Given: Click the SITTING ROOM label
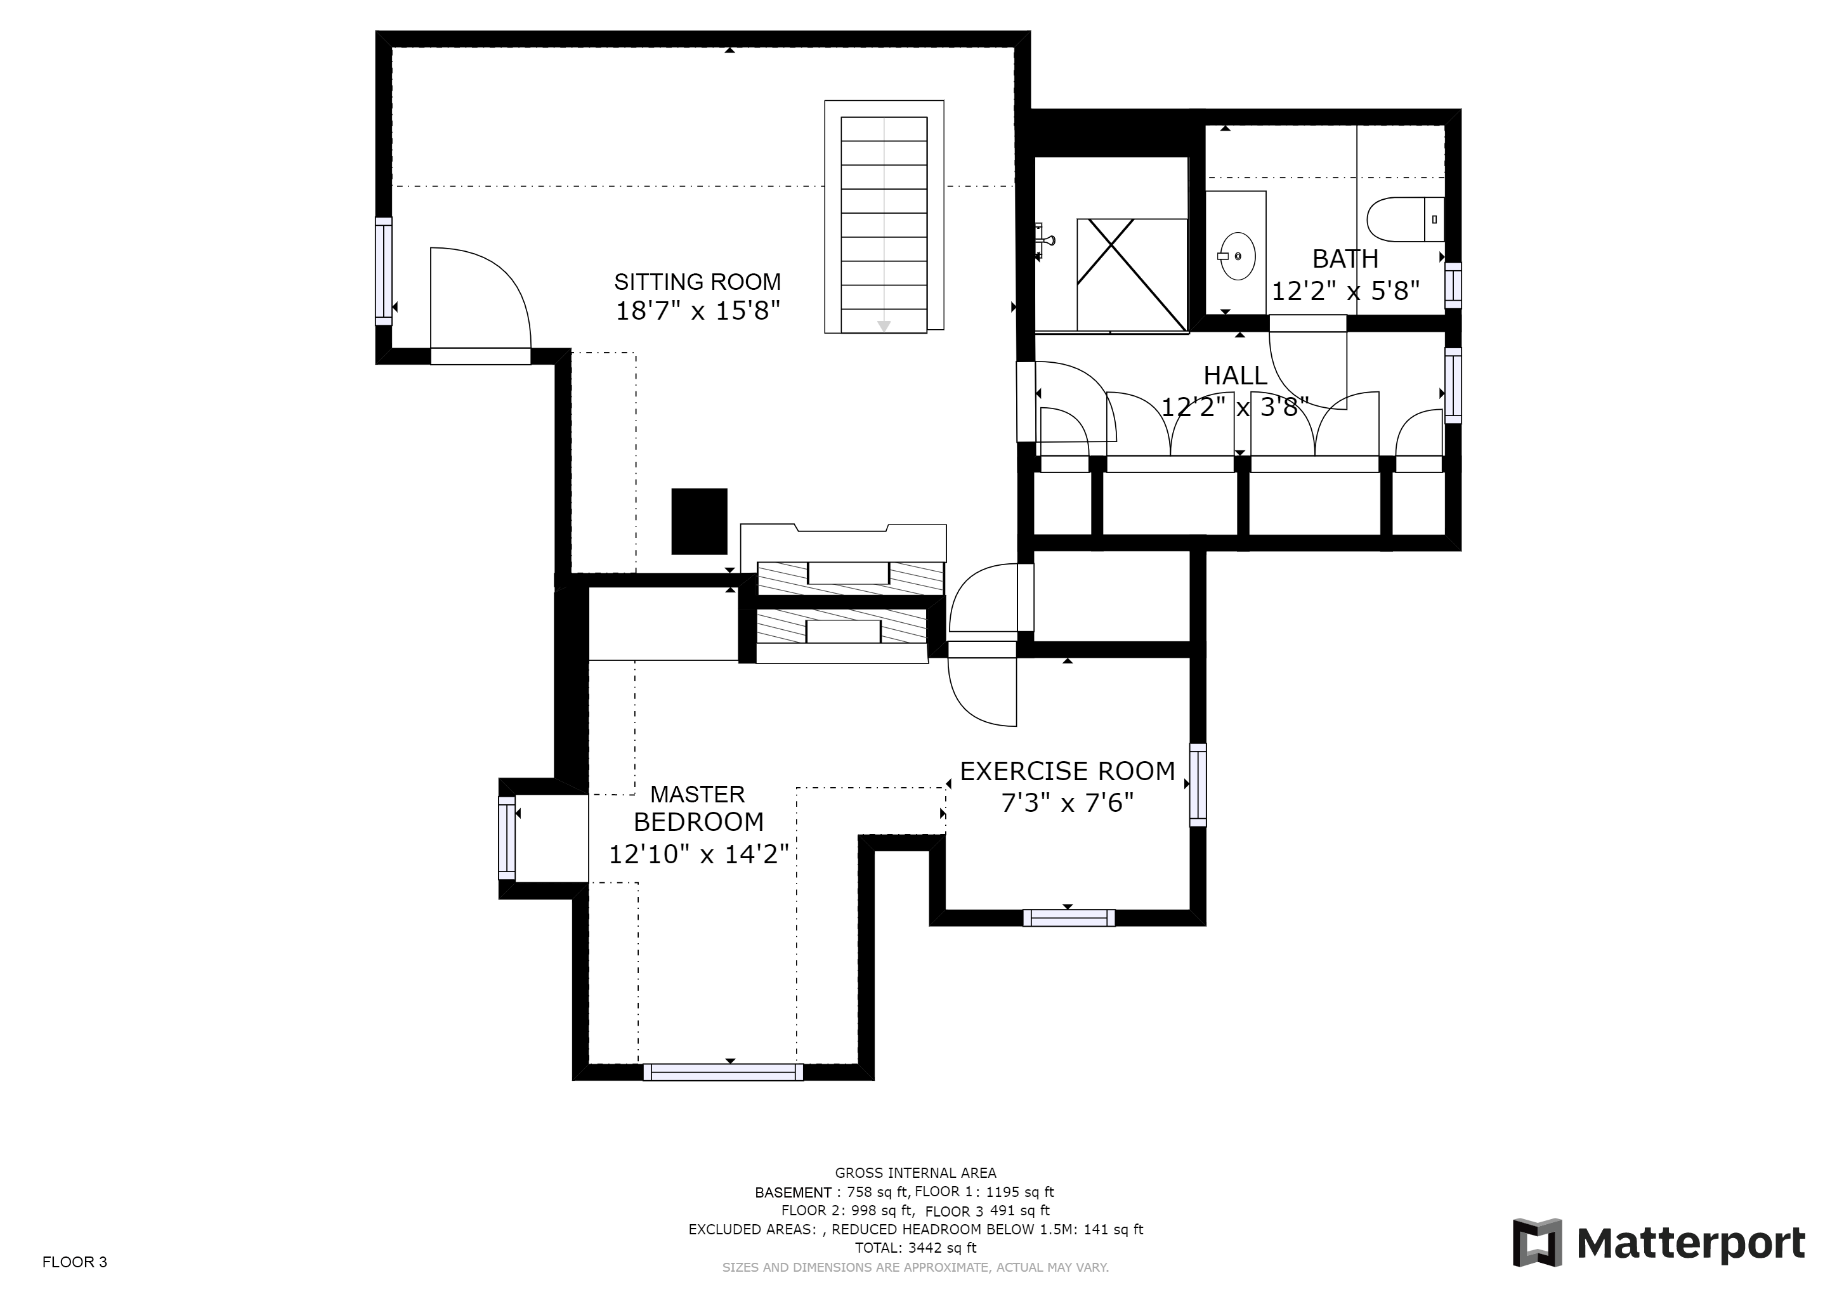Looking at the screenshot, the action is point(697,282).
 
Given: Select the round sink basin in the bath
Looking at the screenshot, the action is point(1236,256).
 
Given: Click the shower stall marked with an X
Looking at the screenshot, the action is point(1132,275).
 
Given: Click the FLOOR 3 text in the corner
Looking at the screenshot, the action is point(74,1262).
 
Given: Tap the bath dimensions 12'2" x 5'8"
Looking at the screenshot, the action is point(1346,290).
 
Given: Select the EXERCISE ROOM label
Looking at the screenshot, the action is point(1068,771).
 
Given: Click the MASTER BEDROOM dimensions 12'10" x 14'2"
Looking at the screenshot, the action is point(698,854).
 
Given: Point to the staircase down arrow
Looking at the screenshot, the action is point(884,325).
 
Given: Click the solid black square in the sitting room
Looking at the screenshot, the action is point(699,521).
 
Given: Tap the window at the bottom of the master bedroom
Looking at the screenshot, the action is point(723,1072).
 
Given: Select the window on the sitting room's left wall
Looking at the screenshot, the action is point(384,271).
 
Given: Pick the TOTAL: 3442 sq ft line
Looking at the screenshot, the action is point(915,1248).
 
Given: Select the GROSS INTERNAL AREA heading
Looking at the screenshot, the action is point(915,1173).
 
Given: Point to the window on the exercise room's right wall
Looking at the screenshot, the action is point(1198,785).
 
